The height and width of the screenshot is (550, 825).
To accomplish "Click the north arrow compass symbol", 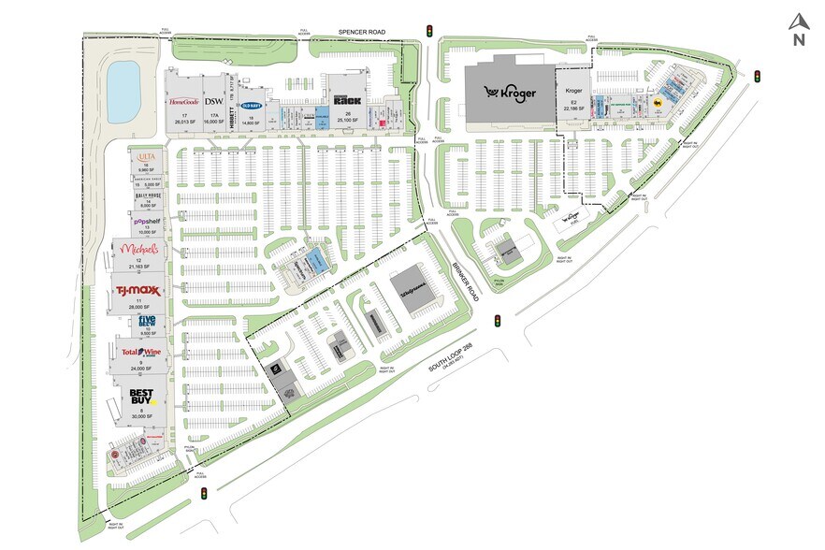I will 798,30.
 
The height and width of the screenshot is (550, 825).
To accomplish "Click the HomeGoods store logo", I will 183,100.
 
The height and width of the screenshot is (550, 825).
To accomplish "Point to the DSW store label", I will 214,100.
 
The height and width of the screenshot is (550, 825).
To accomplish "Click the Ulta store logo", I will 145,156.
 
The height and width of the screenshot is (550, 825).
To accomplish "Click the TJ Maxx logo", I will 137,291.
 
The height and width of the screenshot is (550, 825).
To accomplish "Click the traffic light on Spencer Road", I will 429,31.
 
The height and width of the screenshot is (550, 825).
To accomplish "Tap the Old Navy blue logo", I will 251,106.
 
